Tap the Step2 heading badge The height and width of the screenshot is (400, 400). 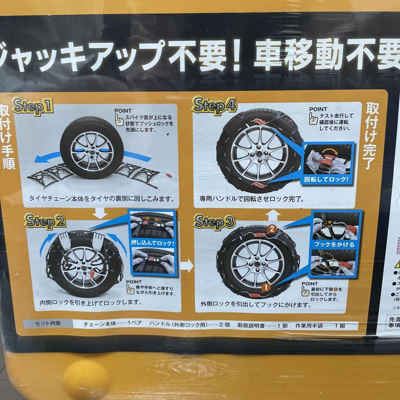pyautogui.click(x=45, y=221)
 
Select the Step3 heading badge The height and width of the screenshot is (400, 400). pyautogui.click(x=214, y=222)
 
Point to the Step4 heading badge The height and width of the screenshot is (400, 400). pyautogui.click(x=214, y=107)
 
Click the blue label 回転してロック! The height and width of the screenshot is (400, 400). pyautogui.click(x=326, y=180)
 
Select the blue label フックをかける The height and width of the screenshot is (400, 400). pyautogui.click(x=334, y=244)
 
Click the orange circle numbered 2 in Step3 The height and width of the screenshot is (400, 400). pyautogui.click(x=271, y=229)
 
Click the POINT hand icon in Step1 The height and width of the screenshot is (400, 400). pyautogui.click(x=119, y=120)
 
